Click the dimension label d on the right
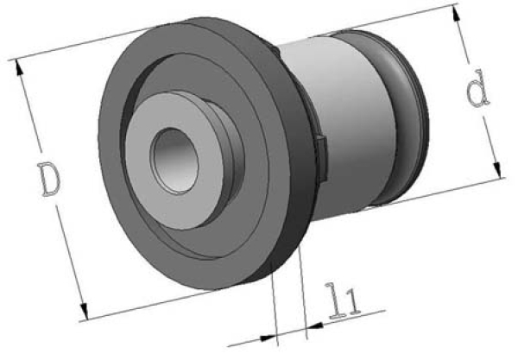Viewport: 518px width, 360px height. coord(477,89)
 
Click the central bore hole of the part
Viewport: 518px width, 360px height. coord(174,161)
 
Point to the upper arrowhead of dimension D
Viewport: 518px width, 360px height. coord(20,67)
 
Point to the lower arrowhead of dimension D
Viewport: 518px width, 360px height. coord(84,312)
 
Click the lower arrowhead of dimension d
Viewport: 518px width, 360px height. coord(497,170)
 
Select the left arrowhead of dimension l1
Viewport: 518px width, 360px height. coord(268,338)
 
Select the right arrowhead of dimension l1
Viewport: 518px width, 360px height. coord(315,326)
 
